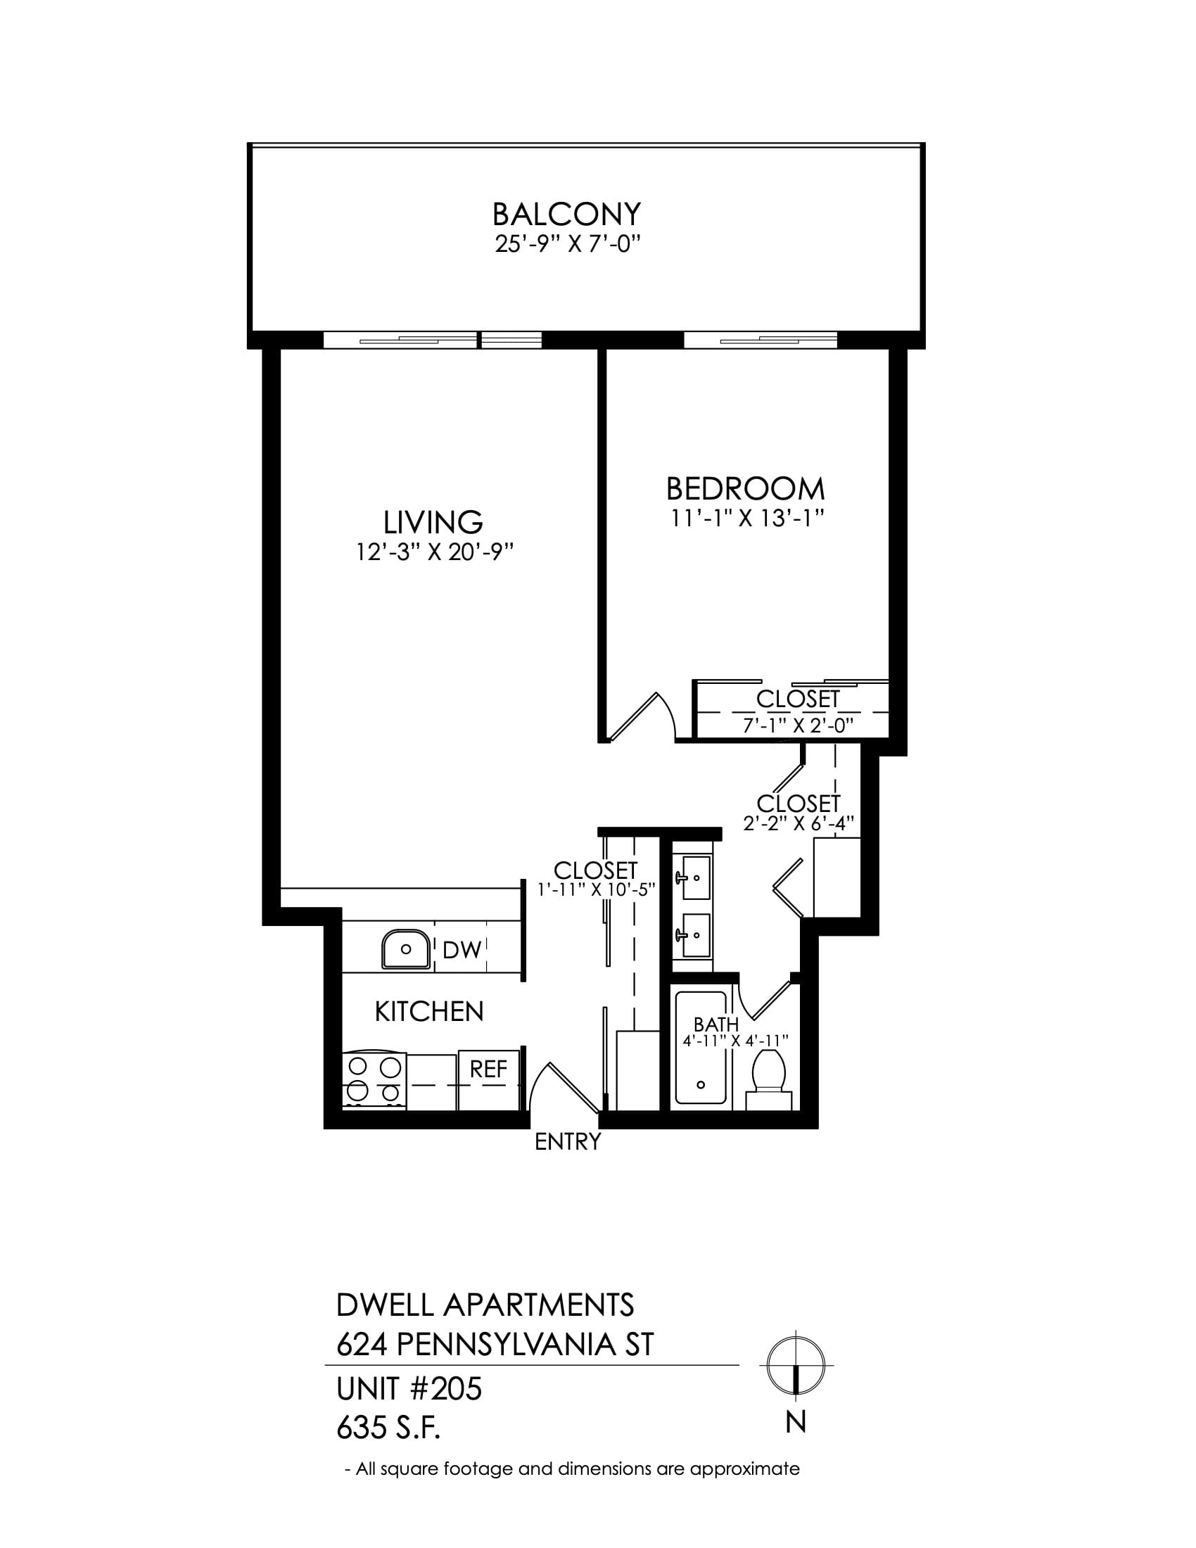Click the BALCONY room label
pyautogui.click(x=566, y=214)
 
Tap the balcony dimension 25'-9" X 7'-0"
pyautogui.click(x=567, y=245)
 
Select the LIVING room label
pyautogui.click(x=433, y=522)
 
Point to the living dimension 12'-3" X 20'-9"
pyautogui.click(x=433, y=552)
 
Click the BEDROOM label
pyautogui.click(x=745, y=489)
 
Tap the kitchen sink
pyautogui.click(x=405, y=949)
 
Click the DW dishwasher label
pyautogui.click(x=462, y=951)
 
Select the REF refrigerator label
pyautogui.click(x=489, y=1069)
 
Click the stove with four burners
pyautogui.click(x=374, y=1081)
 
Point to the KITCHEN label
pyautogui.click(x=428, y=1012)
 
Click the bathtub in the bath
pyautogui.click(x=701, y=1048)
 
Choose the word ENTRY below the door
pyautogui.click(x=568, y=1142)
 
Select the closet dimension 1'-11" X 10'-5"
pyautogui.click(x=596, y=889)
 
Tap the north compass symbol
pyautogui.click(x=796, y=1365)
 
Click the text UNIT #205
pyautogui.click(x=409, y=1389)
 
